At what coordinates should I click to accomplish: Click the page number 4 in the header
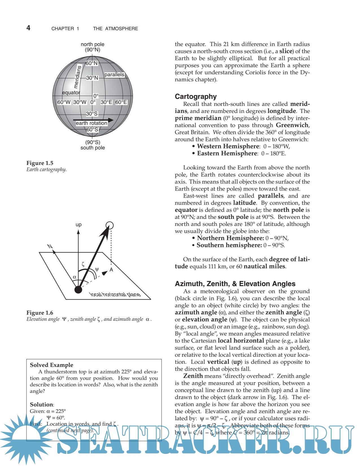pos(28,28)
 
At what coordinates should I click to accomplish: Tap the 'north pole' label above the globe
pos(92,44)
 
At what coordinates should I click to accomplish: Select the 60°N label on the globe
pos(91,63)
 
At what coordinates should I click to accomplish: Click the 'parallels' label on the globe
pos(114,75)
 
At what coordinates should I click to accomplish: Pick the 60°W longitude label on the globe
pos(64,102)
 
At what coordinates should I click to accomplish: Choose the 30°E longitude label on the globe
pos(106,102)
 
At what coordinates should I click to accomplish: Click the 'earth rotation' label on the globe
pos(91,123)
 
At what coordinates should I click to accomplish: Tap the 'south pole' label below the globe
pos(92,148)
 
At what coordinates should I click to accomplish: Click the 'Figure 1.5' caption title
pos(40,163)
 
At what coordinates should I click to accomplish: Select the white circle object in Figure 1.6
pos(109,225)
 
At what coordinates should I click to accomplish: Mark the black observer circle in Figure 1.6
pos(78,289)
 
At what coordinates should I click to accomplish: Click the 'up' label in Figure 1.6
pos(78,225)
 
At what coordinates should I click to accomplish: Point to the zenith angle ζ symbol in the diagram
pos(83,264)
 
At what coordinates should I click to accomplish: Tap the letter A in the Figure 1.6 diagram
pos(111,270)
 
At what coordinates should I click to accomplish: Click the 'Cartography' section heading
pos(196,97)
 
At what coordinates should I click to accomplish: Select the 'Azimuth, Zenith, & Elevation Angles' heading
pos(235,284)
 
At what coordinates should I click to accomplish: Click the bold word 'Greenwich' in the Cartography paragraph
pos(292,125)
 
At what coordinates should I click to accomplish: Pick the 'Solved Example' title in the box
pos(51,365)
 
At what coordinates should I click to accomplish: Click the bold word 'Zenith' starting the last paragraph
pos(193,376)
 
